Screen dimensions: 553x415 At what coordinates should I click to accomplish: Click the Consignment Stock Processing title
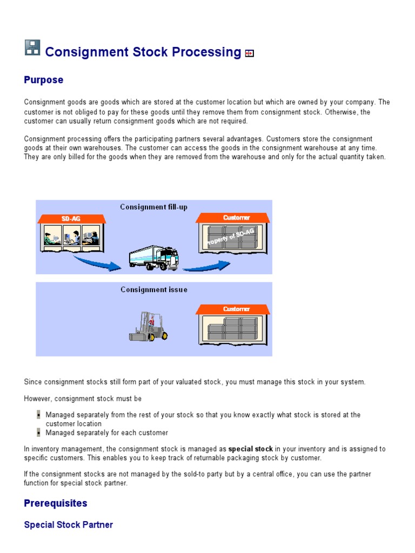(x=143, y=52)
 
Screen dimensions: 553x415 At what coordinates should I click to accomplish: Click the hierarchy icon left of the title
(x=32, y=48)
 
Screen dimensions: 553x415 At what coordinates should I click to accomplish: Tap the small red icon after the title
(x=249, y=53)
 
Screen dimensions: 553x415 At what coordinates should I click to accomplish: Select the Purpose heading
(x=43, y=80)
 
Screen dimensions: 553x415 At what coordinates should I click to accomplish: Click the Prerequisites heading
(x=55, y=503)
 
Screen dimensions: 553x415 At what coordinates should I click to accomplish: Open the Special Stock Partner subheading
(x=68, y=525)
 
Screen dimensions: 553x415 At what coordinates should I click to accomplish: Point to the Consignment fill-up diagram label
(x=153, y=207)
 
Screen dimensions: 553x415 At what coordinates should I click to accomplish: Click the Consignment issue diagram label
(x=153, y=289)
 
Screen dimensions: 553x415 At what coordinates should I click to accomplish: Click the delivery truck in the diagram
(x=154, y=257)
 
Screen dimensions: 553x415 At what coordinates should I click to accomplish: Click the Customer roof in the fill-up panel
(x=233, y=218)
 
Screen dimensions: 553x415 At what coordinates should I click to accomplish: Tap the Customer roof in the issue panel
(x=233, y=309)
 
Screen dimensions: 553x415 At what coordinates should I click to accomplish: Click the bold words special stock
(x=250, y=449)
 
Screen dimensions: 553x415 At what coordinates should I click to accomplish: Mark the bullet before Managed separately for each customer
(x=38, y=433)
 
